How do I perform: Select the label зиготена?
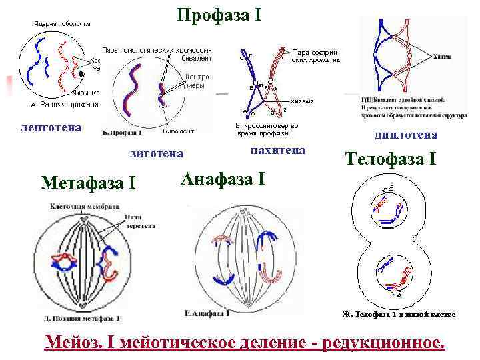pos(157,153)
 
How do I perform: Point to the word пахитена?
pos(277,150)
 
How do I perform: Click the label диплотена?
pos(406,135)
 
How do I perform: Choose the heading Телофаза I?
pos(391,159)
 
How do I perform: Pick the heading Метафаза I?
pos(88,181)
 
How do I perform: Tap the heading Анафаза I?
pos(223,178)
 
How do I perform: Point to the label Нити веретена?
pos(139,221)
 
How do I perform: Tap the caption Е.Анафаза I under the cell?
pos(207,312)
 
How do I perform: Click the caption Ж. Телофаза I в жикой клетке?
pos(398,313)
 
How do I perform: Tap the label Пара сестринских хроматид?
pos(316,55)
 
